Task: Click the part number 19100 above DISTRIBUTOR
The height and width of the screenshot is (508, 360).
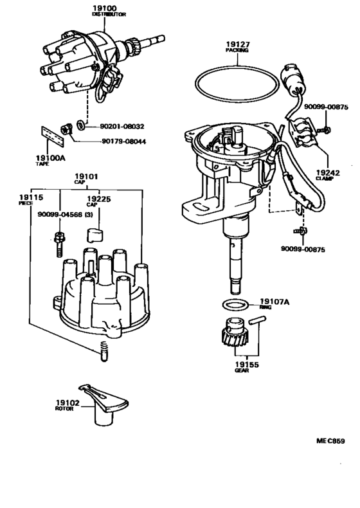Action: click(105, 8)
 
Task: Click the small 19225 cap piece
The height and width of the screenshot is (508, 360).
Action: click(94, 235)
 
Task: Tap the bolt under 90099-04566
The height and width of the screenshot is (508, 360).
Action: click(59, 244)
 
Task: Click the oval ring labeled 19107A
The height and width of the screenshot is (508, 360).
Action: click(235, 304)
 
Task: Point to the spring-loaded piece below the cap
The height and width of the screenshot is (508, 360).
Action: click(104, 352)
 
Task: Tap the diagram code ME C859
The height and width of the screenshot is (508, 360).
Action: click(330, 440)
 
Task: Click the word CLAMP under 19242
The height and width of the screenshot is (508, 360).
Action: click(325, 179)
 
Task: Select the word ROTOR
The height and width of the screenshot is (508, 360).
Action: click(64, 409)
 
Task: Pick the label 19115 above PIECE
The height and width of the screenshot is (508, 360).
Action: click(31, 197)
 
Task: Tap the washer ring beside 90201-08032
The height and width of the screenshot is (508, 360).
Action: click(80, 125)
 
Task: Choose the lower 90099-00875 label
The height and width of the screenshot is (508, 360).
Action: click(303, 249)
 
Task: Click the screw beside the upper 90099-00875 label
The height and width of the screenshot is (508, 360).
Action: click(324, 131)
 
